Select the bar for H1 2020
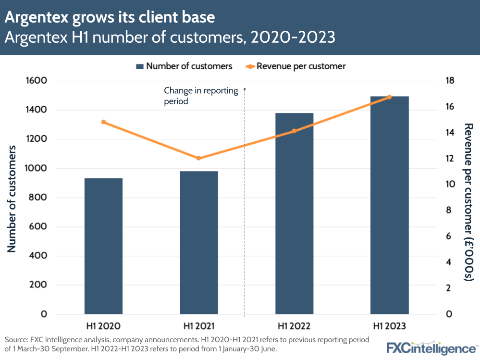point(103,246)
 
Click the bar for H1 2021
point(198,243)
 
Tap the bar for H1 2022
point(294,213)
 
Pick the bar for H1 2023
point(389,205)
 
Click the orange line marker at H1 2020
point(103,122)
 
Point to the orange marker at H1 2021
point(198,158)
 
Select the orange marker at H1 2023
point(389,97)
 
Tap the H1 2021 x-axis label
point(198,326)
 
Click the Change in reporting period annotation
point(201,96)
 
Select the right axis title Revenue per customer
point(468,202)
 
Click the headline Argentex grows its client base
point(110,18)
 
